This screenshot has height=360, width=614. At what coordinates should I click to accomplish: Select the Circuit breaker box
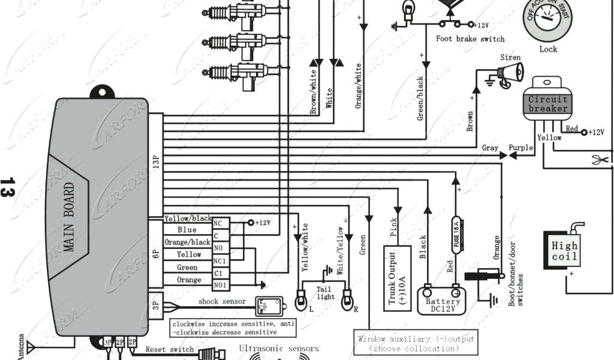[x=547, y=104]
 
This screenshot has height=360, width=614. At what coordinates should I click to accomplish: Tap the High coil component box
[x=565, y=251]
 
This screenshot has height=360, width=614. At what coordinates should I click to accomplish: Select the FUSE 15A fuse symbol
[x=457, y=235]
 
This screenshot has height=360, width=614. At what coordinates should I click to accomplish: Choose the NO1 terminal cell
[x=220, y=285]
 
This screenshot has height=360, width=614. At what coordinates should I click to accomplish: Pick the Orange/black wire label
[x=187, y=242]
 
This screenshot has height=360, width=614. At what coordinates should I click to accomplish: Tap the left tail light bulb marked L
[x=302, y=298]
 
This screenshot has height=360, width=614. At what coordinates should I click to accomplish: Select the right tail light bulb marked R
[x=347, y=298]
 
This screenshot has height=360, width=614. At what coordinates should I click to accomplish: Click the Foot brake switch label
[x=470, y=39]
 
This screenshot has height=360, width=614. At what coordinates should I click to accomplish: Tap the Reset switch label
[x=170, y=349]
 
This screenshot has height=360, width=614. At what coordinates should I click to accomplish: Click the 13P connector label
[x=155, y=162]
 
